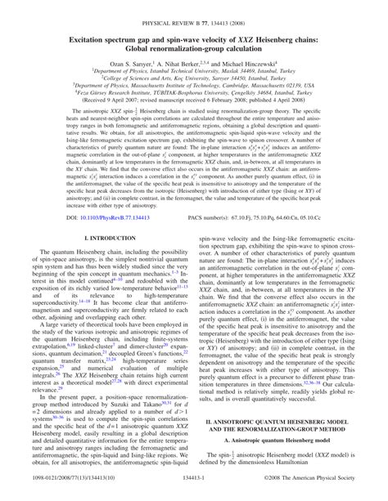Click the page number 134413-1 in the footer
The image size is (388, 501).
click(x=194, y=494)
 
